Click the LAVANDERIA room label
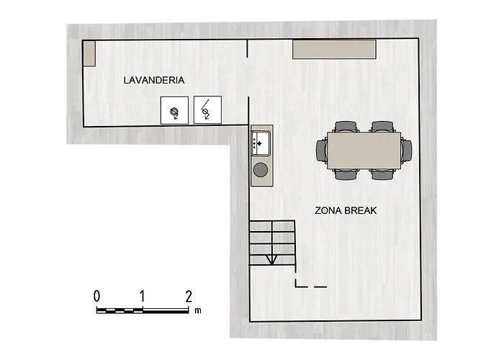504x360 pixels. pos(154,80)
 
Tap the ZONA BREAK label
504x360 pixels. pos(346,210)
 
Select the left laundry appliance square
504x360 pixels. pos(174,110)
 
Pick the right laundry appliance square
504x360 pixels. pos(207,109)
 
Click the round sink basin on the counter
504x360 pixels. pos(261,170)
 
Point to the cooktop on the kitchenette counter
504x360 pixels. pos(261,143)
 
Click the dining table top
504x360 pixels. pos(364,150)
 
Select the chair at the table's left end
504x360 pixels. pos(322,150)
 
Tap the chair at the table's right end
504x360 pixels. pos(407,150)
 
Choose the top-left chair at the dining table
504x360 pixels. pos(346,126)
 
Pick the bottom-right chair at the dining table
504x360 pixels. pos(382,174)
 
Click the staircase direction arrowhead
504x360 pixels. pos(272,260)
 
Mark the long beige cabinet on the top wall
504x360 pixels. pos(334,49)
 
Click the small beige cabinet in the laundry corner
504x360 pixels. pos(89,54)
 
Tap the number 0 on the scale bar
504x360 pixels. pos(96,296)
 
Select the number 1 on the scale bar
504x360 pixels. pos(142,296)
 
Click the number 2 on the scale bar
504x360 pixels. pos(189,296)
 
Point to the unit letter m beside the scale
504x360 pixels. pos(198,310)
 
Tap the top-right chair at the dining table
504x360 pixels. pos(382,126)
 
